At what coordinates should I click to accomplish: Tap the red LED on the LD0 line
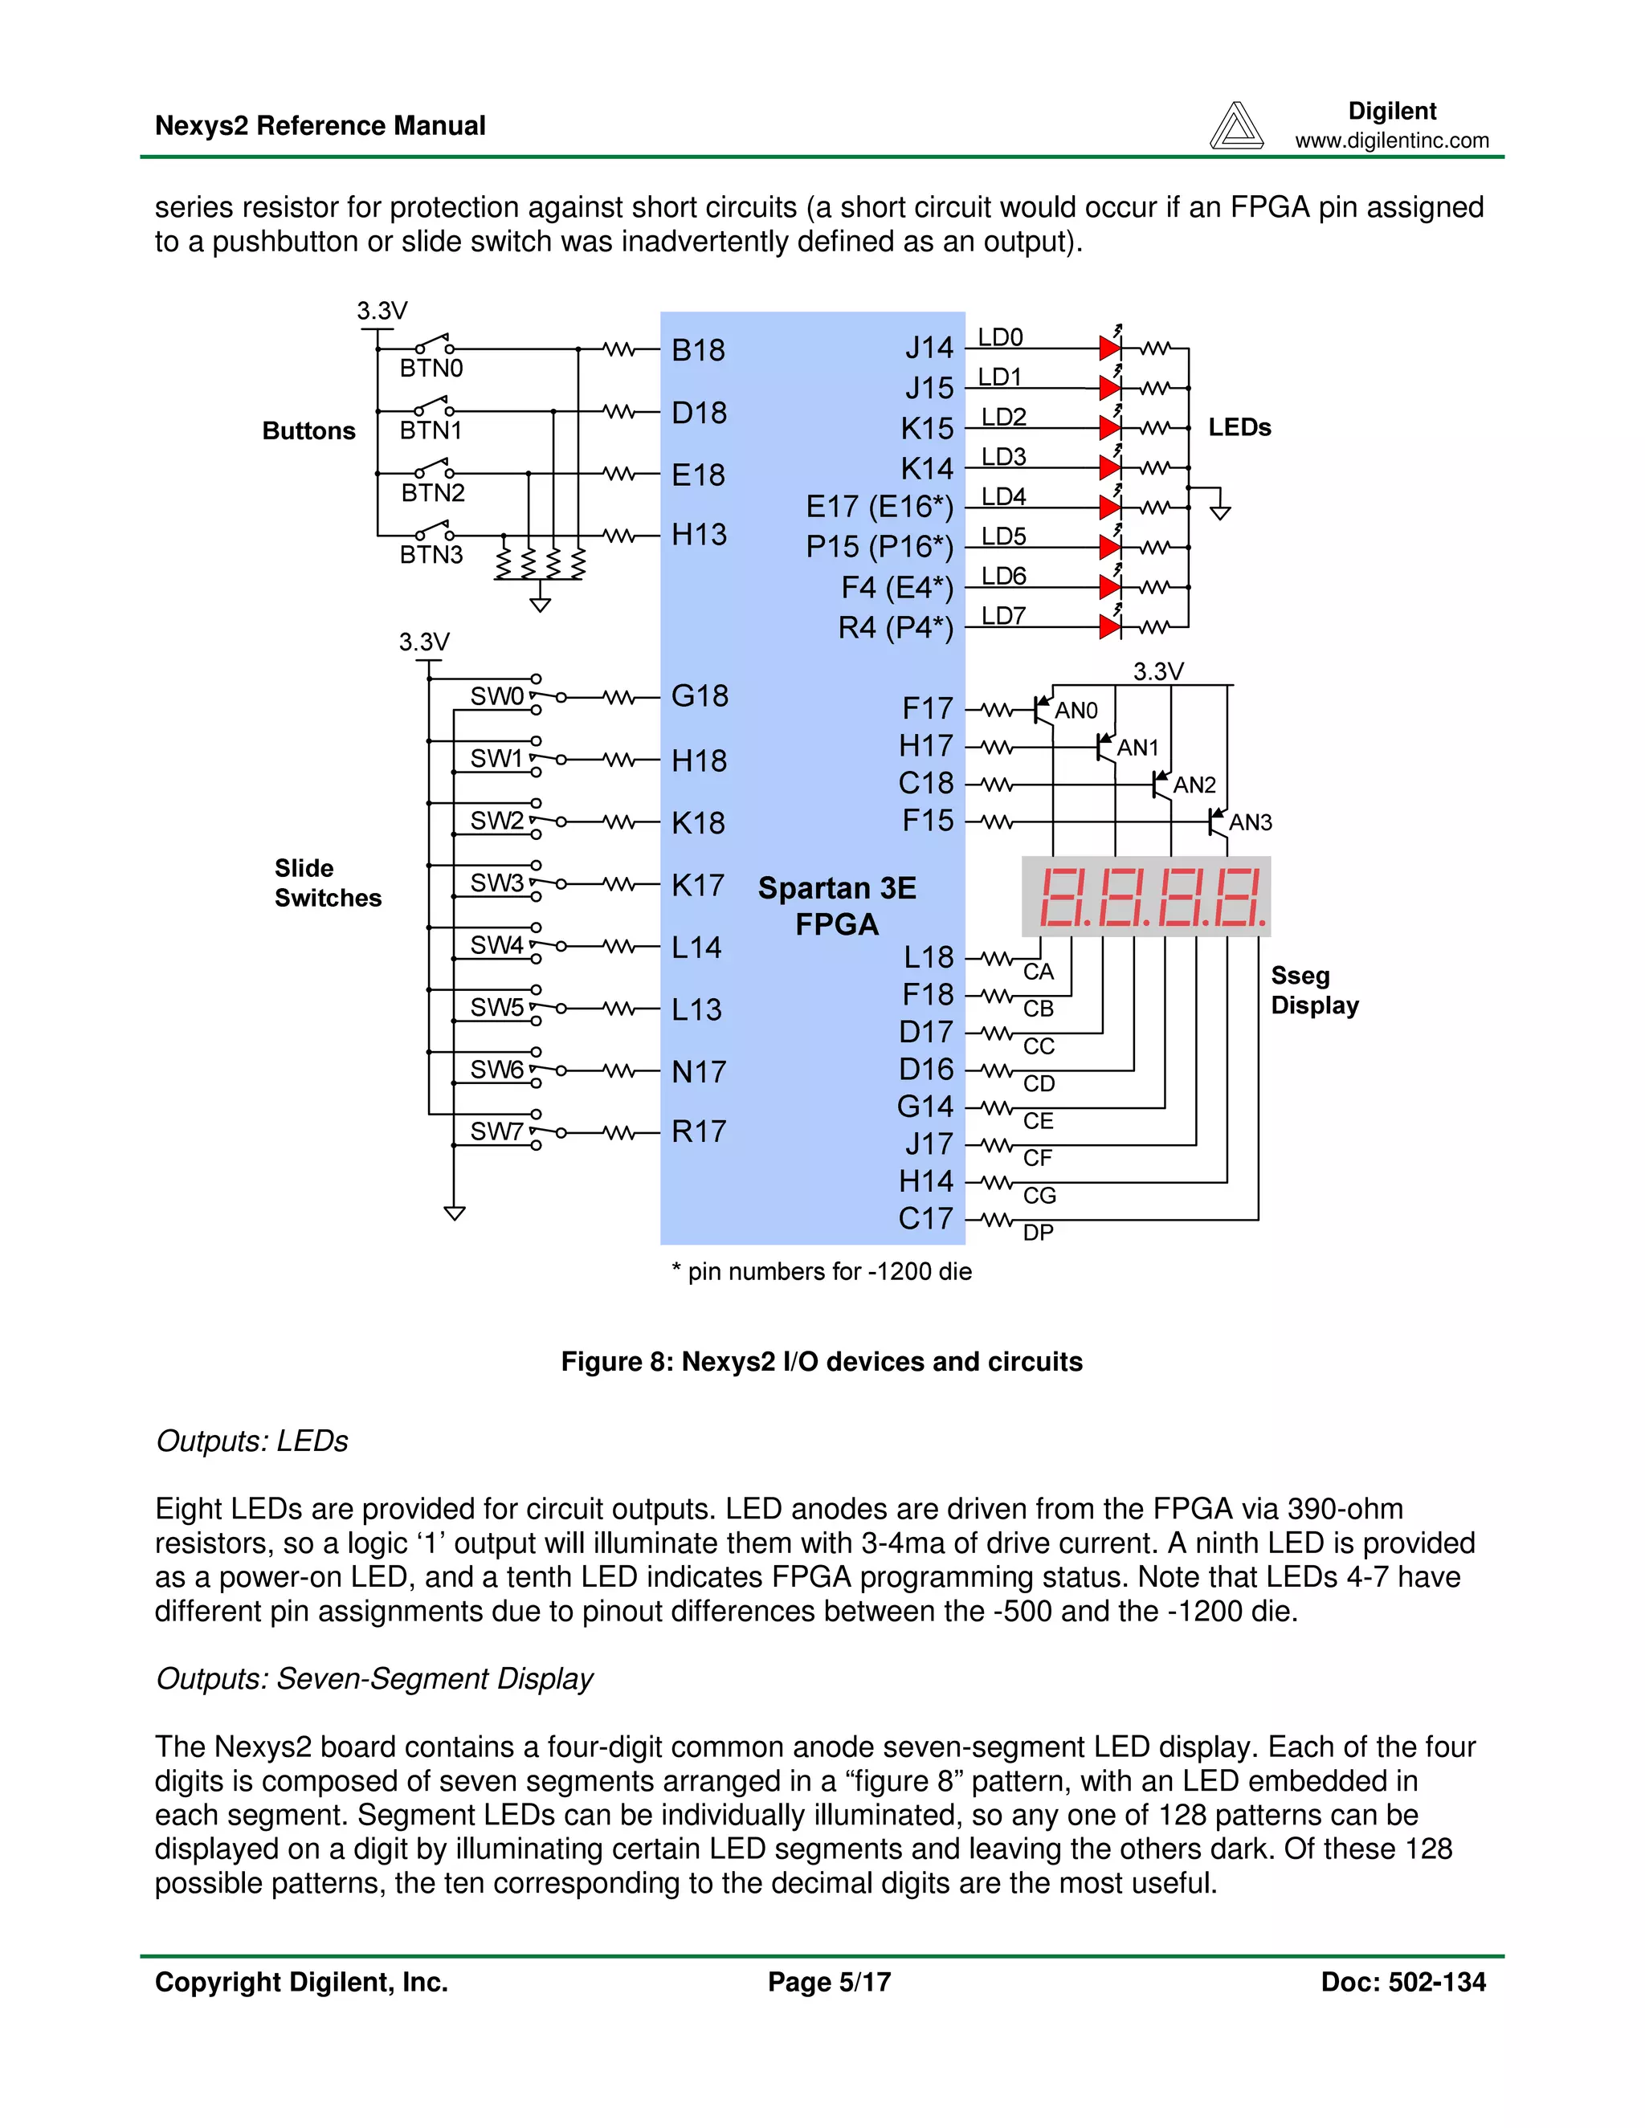coord(1109,348)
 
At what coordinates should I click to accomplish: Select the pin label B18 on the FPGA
coord(698,350)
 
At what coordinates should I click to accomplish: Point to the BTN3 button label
coord(431,554)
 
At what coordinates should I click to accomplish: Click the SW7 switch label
coord(496,1131)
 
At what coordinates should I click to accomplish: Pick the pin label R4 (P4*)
coord(895,627)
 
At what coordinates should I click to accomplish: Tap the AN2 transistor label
coord(1194,785)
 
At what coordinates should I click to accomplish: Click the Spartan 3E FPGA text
coord(837,905)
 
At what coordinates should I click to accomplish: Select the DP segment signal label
coord(1038,1233)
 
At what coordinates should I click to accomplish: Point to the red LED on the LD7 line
coord(1109,626)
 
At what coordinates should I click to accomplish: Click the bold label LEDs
coord(1239,428)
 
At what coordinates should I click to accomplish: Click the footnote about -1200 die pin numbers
coord(822,1271)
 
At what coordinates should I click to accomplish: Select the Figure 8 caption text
coord(822,1361)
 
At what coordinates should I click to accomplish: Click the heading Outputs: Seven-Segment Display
coord(374,1679)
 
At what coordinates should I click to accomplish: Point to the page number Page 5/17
coord(828,1982)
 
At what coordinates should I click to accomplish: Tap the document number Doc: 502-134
coord(1402,1982)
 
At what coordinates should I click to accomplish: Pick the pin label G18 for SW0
coord(699,695)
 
